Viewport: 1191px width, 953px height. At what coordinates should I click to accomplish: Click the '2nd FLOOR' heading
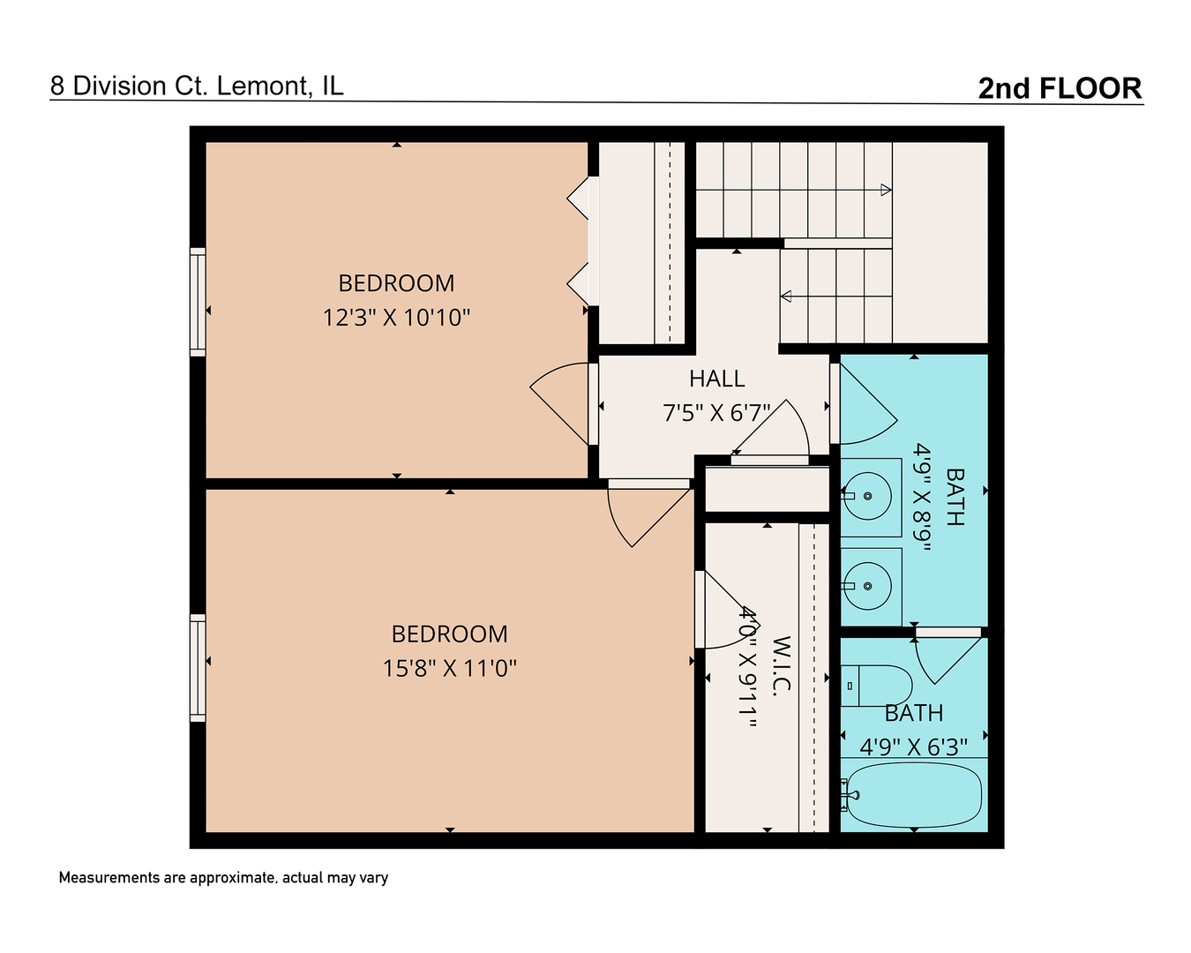(x=1060, y=88)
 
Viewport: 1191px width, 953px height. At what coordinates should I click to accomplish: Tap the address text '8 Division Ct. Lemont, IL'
(x=197, y=86)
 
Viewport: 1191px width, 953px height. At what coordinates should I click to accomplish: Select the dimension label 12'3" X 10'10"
(x=396, y=318)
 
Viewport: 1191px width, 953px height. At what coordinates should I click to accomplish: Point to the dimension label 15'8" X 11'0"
(x=449, y=668)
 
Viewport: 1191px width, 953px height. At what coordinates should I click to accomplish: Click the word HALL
(x=716, y=379)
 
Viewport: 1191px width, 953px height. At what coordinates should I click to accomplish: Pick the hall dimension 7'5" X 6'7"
(x=716, y=413)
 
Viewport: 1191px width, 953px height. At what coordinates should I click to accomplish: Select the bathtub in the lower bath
(x=913, y=794)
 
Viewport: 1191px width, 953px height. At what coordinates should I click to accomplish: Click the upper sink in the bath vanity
(x=868, y=496)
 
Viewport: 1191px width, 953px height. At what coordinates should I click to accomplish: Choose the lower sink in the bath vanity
(x=868, y=586)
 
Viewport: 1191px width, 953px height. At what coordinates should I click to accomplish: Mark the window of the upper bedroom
(x=198, y=303)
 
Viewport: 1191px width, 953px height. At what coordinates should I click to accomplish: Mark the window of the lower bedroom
(x=198, y=668)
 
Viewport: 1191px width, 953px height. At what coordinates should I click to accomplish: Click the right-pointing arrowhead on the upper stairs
(x=886, y=190)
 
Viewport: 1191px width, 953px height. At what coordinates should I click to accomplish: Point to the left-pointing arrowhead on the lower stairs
(x=786, y=296)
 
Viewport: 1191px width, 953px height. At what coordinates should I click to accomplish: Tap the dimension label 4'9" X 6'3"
(x=913, y=747)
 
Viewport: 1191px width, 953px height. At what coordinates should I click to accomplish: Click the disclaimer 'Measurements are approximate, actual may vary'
(x=223, y=878)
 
